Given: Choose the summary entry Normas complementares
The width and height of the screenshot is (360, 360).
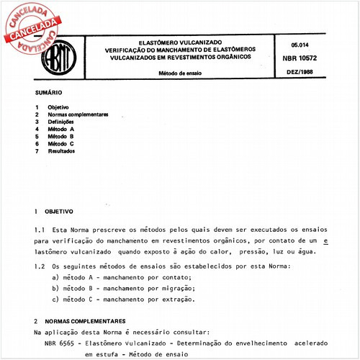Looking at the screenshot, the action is click(x=78, y=114).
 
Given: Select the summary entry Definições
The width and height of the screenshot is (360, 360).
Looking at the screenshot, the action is click(x=64, y=122).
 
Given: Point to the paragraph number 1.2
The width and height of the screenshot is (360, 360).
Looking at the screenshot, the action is click(x=41, y=266).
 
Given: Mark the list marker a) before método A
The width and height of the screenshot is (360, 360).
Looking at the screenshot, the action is click(x=56, y=277).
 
